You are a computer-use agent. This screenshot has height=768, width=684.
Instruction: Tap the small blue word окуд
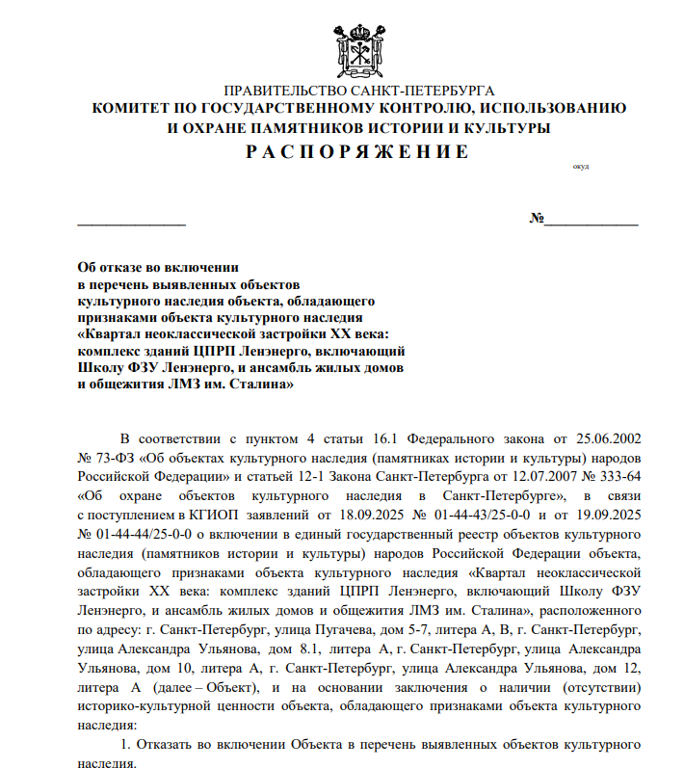pos(580,168)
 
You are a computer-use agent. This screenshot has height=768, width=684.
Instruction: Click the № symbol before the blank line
pos(537,218)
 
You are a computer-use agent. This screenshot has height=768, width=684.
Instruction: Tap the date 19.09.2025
pos(598,515)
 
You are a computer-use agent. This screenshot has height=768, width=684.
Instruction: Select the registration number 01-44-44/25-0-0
pos(136,534)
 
